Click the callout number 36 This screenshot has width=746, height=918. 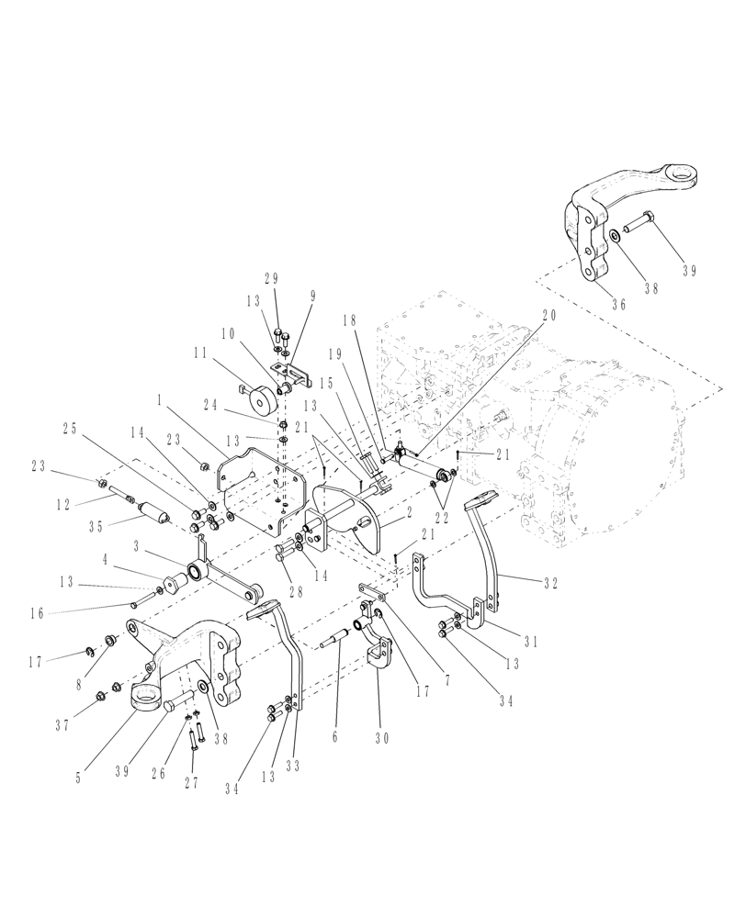click(618, 306)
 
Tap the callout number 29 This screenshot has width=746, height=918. click(272, 278)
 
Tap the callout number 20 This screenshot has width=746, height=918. click(548, 314)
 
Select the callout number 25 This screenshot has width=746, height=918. click(70, 427)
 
